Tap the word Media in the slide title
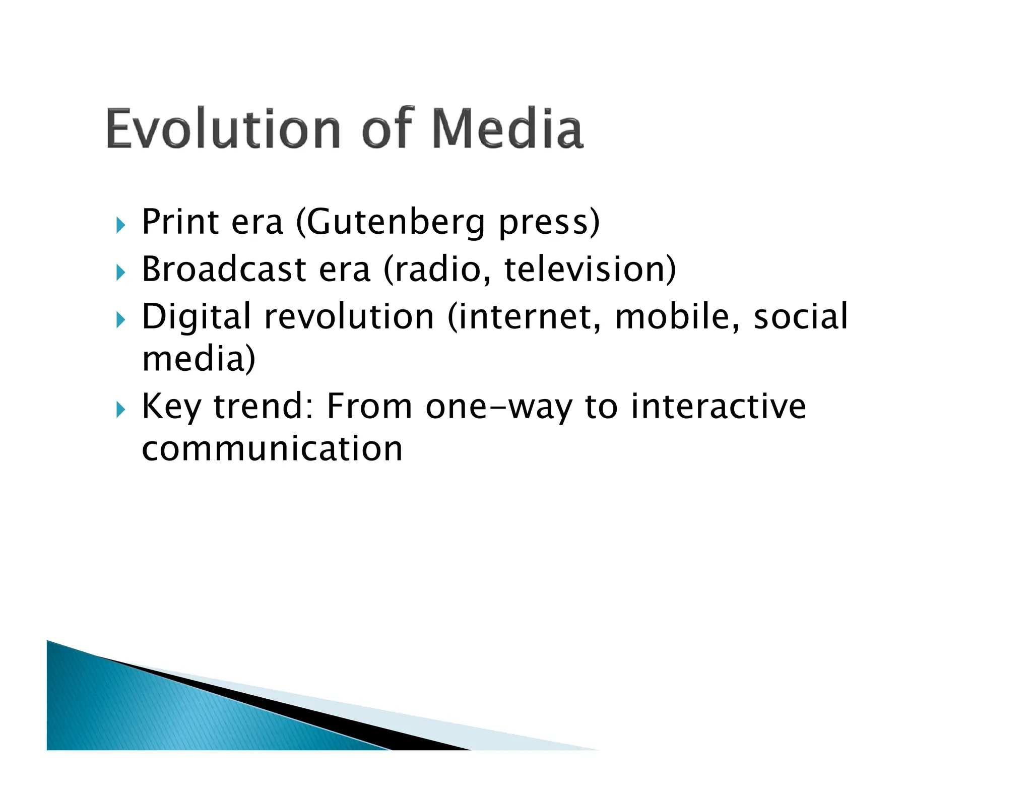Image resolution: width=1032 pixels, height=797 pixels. click(x=507, y=129)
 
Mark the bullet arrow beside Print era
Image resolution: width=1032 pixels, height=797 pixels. click(x=120, y=225)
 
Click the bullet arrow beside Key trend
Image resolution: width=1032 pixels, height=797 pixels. click(x=120, y=409)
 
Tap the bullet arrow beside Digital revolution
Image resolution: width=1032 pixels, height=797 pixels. click(x=120, y=319)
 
